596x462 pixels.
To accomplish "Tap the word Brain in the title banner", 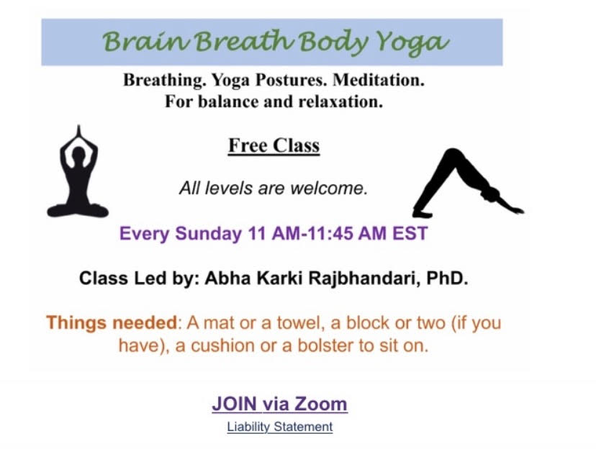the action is tap(145, 41).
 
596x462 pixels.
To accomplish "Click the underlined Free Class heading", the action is tap(274, 145).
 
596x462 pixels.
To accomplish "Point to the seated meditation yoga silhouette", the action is tap(78, 172).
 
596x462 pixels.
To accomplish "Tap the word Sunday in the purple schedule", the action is tap(208, 233).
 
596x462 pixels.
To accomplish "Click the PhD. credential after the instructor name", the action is tap(447, 278).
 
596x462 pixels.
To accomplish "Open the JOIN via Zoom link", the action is tap(279, 404).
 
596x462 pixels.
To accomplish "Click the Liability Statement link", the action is tap(280, 427).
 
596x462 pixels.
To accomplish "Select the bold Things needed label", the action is tap(112, 323).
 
